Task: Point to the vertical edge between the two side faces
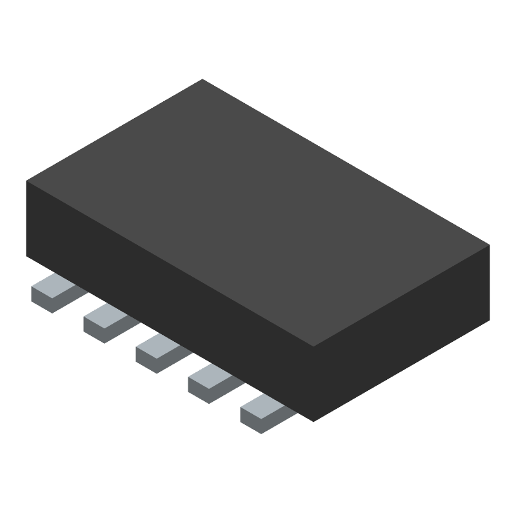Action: point(313,384)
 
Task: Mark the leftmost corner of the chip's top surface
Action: point(26,181)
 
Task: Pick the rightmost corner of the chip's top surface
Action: point(490,244)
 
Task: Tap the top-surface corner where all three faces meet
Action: point(313,346)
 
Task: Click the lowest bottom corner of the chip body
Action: point(313,421)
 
